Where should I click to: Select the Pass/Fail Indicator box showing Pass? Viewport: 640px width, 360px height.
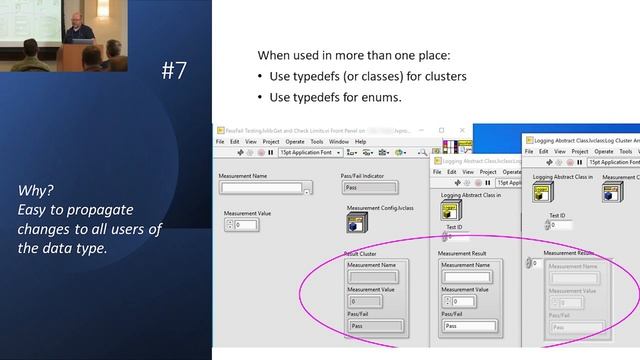(x=369, y=187)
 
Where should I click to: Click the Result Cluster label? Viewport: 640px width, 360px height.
(x=358, y=254)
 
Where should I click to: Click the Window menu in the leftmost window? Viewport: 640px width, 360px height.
(x=339, y=142)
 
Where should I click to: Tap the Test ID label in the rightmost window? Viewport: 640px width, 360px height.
(x=558, y=214)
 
